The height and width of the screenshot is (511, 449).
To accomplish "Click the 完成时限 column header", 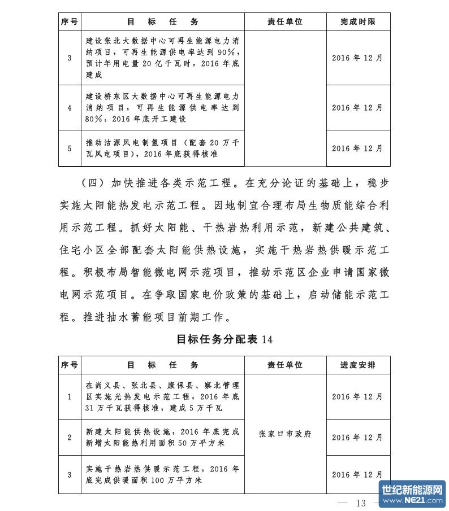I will point(357,22).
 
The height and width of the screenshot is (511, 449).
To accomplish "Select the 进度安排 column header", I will point(357,365).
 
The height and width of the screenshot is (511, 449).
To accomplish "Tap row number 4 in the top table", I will point(70,108).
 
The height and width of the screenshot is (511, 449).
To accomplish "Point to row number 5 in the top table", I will point(70,149).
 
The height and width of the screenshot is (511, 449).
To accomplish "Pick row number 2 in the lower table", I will point(70,437).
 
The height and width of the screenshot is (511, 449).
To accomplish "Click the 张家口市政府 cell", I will point(284,434).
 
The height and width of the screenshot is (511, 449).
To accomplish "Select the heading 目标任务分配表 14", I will point(225,339).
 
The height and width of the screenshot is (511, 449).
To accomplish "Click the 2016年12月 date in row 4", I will point(357,108).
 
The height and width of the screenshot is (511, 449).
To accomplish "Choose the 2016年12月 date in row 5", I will point(357,149).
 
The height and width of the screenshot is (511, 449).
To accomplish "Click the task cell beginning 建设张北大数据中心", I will point(162,58).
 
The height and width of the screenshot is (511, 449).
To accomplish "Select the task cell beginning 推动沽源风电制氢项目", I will point(162,149).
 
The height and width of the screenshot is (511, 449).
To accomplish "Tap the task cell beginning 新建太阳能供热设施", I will point(162,437).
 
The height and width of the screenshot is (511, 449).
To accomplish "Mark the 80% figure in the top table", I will point(94,119).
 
